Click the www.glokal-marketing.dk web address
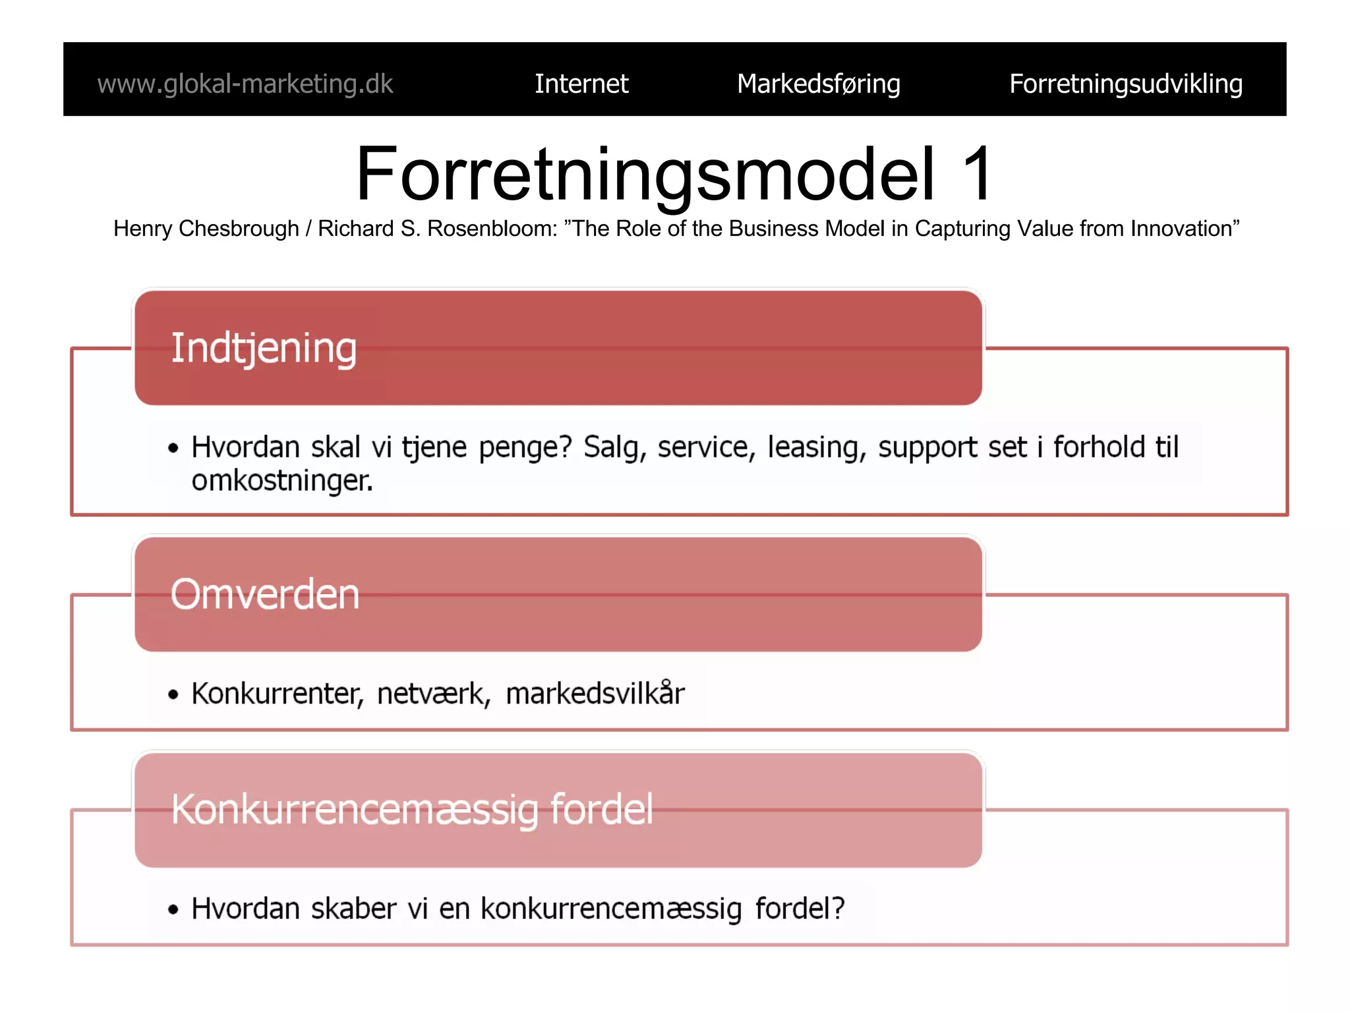(x=245, y=84)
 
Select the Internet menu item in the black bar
(x=581, y=84)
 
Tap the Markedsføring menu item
(x=818, y=84)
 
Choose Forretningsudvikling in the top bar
(x=1125, y=84)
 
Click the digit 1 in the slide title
(x=976, y=174)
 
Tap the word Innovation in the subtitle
(x=1184, y=229)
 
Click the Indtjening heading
(x=264, y=348)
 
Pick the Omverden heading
(x=265, y=594)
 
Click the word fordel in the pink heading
(x=601, y=809)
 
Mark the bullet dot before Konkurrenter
(x=173, y=694)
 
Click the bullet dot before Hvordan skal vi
(x=173, y=449)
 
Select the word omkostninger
(x=282, y=481)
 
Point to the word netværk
(x=433, y=694)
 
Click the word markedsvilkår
(x=595, y=694)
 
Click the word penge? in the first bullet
(x=525, y=448)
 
